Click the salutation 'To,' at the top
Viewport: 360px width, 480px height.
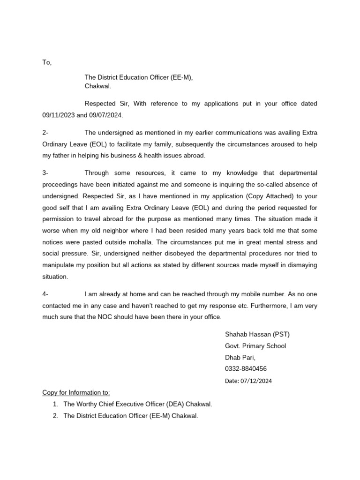click(47, 62)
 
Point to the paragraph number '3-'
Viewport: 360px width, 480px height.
click(45, 173)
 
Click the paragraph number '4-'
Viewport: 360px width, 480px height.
click(45, 294)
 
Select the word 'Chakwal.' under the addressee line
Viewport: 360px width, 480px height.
click(97, 86)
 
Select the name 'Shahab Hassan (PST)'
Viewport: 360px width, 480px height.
click(257, 335)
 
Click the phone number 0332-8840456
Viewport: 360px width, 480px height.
click(246, 369)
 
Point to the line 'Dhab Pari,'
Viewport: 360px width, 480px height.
click(240, 357)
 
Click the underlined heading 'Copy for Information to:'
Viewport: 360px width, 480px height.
click(76, 392)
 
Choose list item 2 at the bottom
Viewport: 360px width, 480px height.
click(130, 415)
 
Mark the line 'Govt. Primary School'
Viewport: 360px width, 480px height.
click(255, 346)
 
